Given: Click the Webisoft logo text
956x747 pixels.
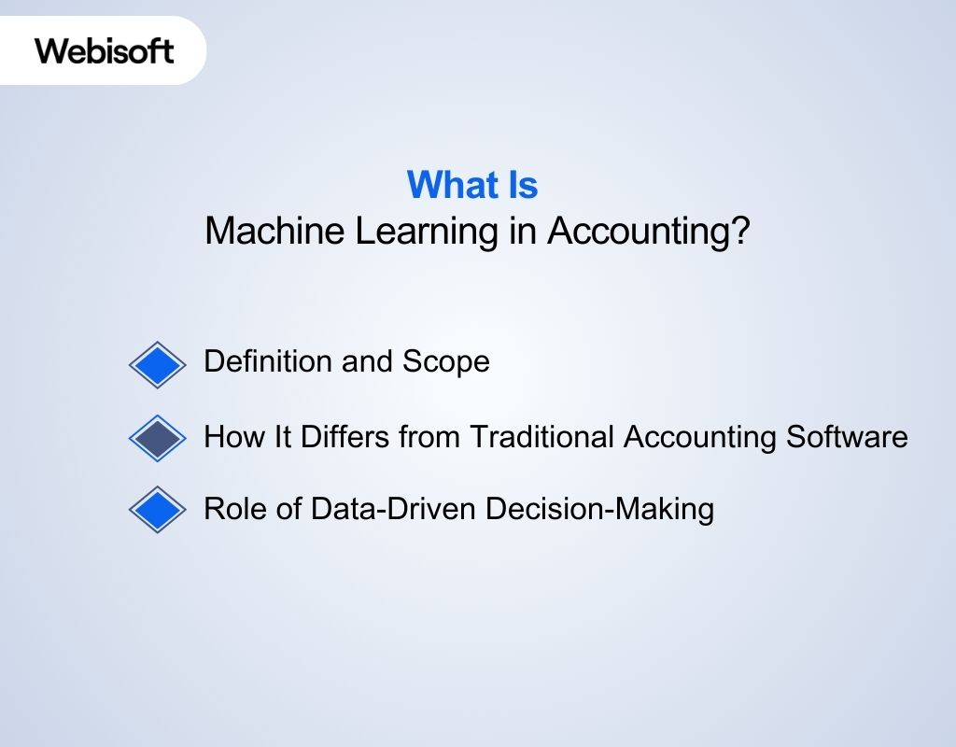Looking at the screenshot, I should click(105, 49).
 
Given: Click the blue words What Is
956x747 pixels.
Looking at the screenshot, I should click(472, 185).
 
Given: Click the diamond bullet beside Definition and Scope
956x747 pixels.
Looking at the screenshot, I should click(158, 364).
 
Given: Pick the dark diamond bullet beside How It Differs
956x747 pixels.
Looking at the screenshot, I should click(158, 437).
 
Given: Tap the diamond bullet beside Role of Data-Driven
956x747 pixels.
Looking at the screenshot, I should click(158, 510).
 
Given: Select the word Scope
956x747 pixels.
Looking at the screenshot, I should click(445, 361).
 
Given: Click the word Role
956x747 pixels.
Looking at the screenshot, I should click(228, 509).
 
